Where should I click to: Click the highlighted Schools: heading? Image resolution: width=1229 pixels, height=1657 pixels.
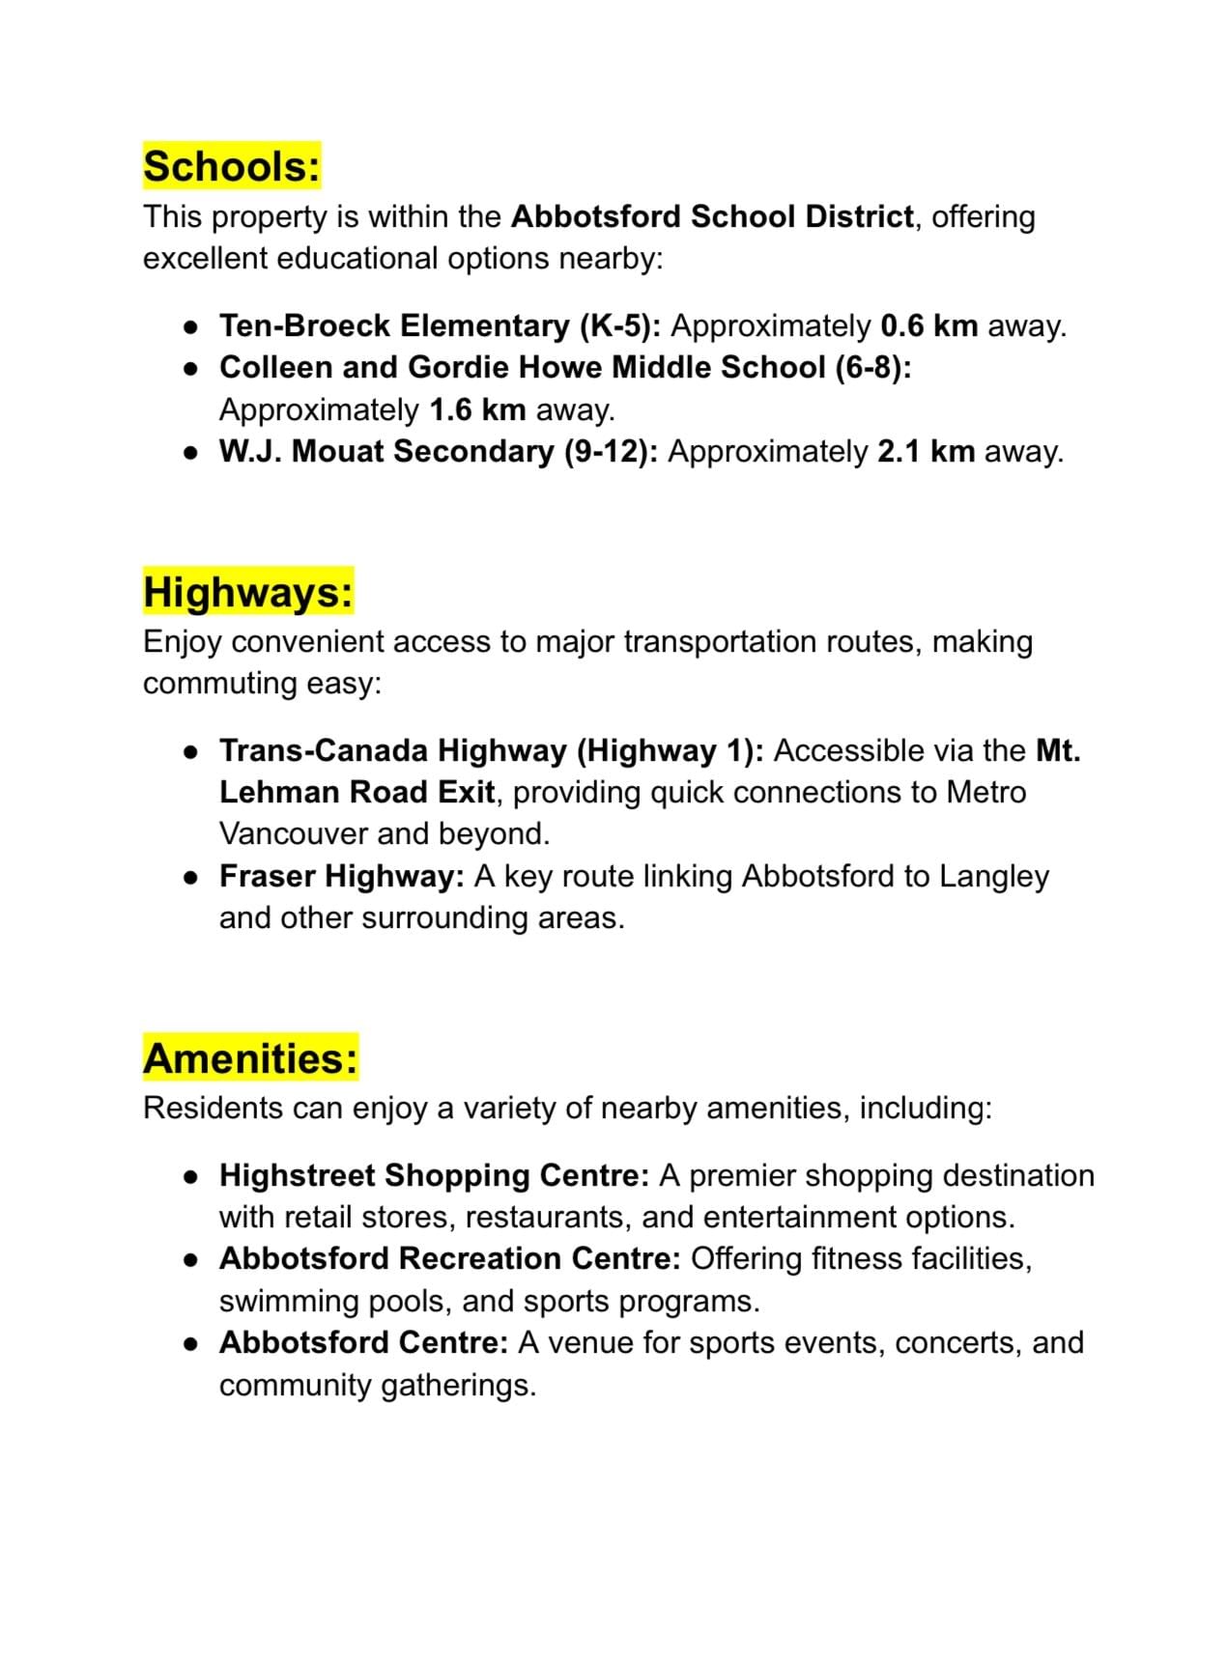click(231, 166)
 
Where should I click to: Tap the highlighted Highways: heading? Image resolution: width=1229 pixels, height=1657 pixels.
click(248, 591)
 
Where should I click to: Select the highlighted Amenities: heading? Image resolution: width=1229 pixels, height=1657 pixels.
click(250, 1057)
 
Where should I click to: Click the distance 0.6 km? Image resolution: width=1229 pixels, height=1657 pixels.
click(929, 325)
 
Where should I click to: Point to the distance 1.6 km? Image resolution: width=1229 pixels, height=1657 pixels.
click(477, 409)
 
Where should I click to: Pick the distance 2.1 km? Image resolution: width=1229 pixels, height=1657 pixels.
click(926, 451)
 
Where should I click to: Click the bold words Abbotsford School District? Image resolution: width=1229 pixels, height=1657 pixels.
click(712, 216)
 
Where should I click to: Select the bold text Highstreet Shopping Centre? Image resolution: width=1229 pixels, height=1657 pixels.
click(434, 1175)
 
